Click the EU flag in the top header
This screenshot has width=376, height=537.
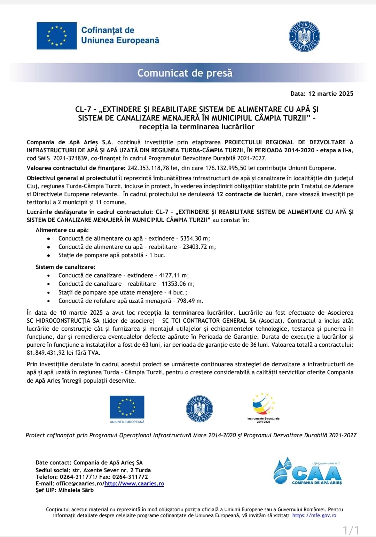pos(57,36)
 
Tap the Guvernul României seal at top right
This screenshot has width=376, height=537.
pos(304,36)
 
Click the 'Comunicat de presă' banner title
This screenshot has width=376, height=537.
pos(185,73)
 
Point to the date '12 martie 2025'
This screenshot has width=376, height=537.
pos(331,94)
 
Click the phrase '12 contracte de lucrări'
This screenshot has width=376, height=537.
pos(249,194)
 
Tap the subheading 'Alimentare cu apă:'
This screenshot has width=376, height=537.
pos(62,230)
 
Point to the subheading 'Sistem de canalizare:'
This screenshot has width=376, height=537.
pos(65,267)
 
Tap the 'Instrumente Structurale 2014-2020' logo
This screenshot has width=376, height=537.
pos(264,408)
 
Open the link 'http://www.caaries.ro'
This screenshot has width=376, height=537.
pos(134,484)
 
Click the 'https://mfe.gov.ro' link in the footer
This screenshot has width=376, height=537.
pos(314,515)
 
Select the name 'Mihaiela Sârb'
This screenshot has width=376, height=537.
pos(76,490)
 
